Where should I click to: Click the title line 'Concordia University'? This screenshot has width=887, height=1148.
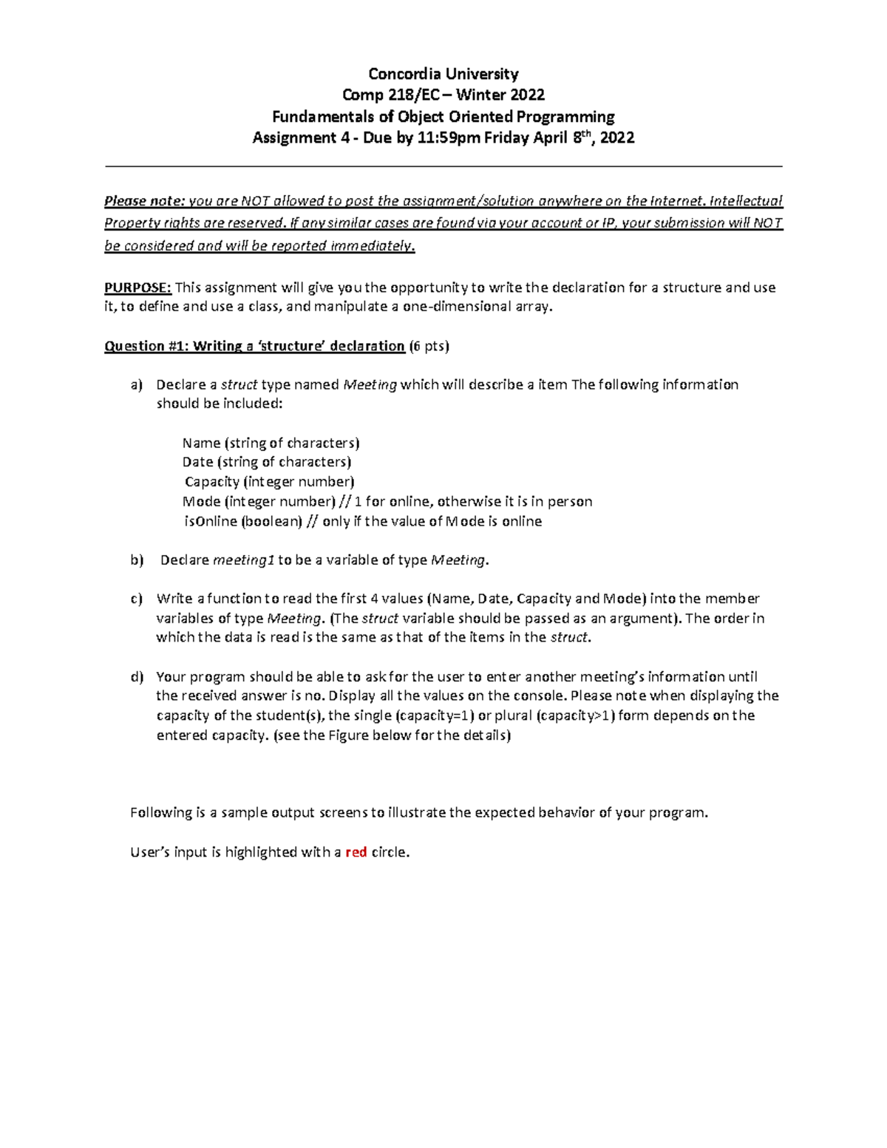click(x=443, y=74)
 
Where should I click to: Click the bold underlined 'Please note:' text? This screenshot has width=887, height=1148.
click(x=145, y=201)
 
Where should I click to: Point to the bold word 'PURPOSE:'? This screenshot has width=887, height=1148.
click(x=137, y=288)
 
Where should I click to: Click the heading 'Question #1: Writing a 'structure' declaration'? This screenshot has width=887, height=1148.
click(x=254, y=346)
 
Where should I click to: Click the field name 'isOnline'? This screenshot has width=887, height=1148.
click(x=211, y=521)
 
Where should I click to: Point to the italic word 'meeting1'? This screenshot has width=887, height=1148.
click(x=244, y=560)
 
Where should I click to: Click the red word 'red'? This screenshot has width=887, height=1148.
click(x=356, y=852)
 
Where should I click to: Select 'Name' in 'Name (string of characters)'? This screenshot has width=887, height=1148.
click(x=201, y=443)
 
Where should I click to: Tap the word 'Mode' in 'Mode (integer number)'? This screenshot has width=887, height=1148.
click(x=201, y=502)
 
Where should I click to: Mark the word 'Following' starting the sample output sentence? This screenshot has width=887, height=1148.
click(x=161, y=813)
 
